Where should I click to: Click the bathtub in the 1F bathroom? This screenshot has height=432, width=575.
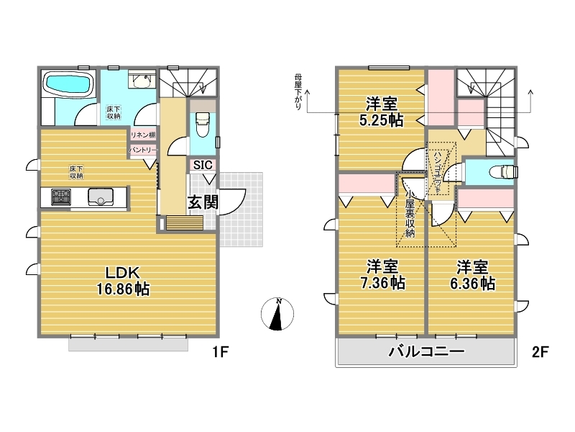tap(68, 85)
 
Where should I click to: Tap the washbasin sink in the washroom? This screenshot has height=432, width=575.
tap(142, 81)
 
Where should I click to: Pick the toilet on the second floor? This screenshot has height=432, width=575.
tap(505, 171)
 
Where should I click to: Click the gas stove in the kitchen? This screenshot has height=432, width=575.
tap(61, 197)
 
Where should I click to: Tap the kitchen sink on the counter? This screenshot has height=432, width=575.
tap(101, 197)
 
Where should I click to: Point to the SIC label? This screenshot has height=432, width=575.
tap(203, 165)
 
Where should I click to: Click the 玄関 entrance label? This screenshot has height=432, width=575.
tap(203, 202)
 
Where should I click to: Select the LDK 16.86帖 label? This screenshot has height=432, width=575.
tap(123, 282)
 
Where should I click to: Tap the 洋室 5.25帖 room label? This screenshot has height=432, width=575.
tap(382, 112)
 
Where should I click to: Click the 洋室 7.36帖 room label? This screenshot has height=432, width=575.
tap(382, 274)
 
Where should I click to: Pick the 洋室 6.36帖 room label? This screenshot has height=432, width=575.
tap(472, 275)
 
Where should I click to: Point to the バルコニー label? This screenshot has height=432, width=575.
tap(426, 351)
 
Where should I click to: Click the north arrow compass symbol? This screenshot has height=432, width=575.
tap(277, 314)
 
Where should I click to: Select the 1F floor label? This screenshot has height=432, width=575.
tap(221, 352)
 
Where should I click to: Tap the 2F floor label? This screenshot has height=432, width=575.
tap(540, 352)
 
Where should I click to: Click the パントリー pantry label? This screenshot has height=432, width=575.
tap(143, 150)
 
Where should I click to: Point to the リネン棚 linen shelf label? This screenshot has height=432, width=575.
tap(143, 135)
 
